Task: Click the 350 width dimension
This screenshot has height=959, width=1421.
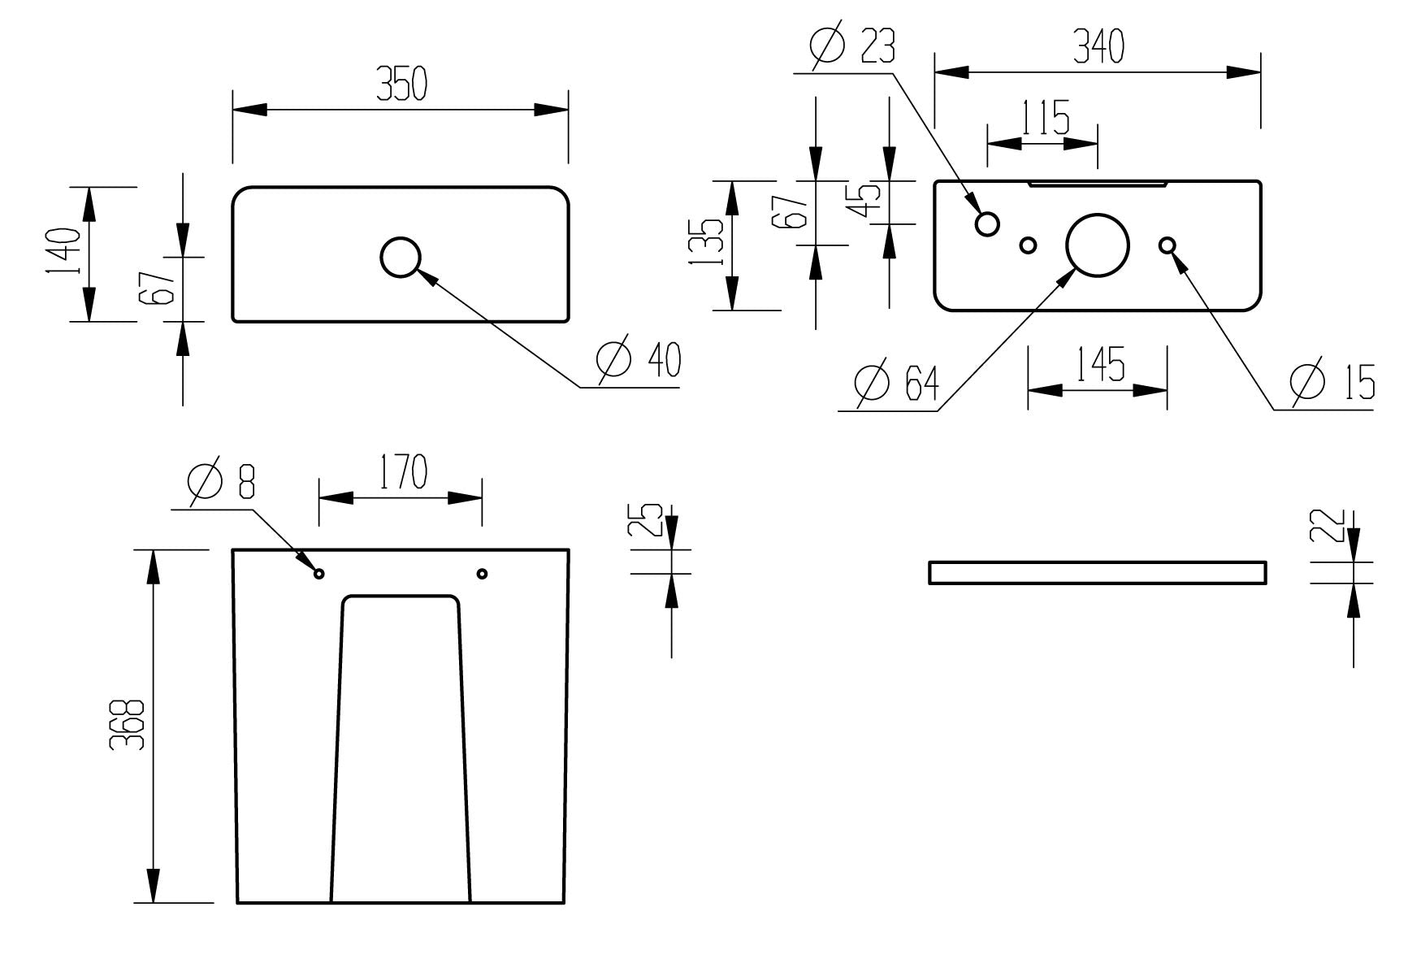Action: (x=401, y=84)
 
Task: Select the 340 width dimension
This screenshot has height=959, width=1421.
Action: (x=1098, y=46)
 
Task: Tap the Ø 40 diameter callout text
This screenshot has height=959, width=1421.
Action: (x=639, y=360)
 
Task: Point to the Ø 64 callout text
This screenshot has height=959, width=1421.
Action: (x=897, y=382)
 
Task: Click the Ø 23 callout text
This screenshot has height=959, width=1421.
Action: (x=852, y=46)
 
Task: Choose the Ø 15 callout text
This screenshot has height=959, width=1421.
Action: (x=1332, y=382)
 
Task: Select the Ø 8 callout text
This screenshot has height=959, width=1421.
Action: (x=221, y=480)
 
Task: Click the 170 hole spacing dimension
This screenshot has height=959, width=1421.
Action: (x=401, y=472)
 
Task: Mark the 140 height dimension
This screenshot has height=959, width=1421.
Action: (x=63, y=250)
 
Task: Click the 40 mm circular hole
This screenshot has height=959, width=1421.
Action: (x=401, y=257)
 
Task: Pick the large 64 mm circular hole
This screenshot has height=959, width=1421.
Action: (x=1098, y=245)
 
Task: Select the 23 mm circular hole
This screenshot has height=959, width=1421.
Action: (x=987, y=223)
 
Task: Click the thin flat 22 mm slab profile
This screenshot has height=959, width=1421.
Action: (x=1097, y=572)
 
